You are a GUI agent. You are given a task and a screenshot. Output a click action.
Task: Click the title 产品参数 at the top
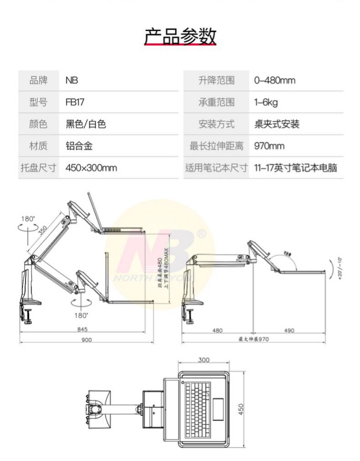pos(180,36)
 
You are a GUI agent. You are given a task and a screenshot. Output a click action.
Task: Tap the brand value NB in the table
pos(72,80)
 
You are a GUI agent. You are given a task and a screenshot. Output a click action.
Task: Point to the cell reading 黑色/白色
pos(86,124)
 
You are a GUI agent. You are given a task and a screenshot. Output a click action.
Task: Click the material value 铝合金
pos(79,146)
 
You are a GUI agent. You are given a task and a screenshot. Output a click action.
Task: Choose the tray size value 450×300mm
pos(91,168)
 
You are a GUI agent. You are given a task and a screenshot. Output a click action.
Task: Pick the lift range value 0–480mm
pos(274,80)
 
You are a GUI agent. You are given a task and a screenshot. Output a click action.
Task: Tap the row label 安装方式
pos(216,124)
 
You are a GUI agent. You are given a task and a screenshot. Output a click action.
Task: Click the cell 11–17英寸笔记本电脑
pos(295,168)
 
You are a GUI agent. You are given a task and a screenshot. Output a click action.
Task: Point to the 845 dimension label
pos(82,329)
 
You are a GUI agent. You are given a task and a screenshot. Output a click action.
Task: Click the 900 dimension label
pos(87,340)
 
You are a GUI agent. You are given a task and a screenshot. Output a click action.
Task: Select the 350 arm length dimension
pos(43,231)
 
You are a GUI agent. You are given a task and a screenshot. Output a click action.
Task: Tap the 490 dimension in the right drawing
pos(288,330)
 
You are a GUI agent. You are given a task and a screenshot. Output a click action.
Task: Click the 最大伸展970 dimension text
pos(254,339)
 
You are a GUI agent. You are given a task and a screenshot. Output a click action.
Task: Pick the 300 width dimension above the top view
pos(204,360)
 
